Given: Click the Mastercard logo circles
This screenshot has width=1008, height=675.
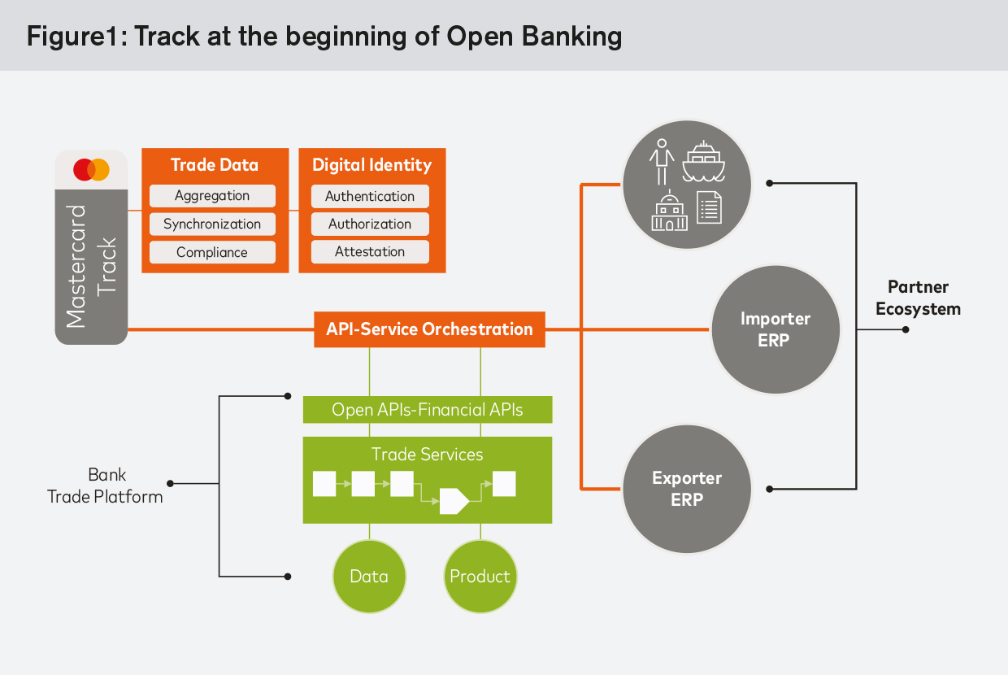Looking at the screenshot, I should click(91, 170).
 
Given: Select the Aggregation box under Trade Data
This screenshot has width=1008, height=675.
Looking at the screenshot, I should click(212, 196).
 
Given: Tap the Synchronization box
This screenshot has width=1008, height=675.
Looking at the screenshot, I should click(212, 224).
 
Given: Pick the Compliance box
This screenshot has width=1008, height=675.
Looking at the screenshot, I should click(212, 252).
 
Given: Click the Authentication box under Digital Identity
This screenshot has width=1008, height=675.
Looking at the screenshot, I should click(370, 196).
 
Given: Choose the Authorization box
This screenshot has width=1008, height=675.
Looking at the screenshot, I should click(370, 224).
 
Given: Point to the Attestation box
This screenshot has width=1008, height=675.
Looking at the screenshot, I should click(370, 252).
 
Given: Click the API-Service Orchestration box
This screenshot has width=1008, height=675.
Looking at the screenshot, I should click(429, 329).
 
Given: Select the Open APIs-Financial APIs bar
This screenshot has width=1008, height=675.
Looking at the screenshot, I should click(428, 410).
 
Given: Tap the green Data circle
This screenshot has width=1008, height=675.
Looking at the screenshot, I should click(369, 577).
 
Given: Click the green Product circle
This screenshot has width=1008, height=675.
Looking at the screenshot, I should click(480, 577).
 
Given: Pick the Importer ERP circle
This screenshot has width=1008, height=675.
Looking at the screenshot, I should click(776, 329).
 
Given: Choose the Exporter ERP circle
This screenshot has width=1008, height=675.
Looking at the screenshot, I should click(687, 489).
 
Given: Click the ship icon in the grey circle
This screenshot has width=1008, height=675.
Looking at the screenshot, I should click(703, 162).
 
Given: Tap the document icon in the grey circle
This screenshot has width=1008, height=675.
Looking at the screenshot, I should click(709, 208).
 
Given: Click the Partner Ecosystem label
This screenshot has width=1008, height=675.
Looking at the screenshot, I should click(918, 298).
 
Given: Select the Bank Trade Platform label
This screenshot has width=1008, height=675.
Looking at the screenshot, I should click(105, 486).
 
